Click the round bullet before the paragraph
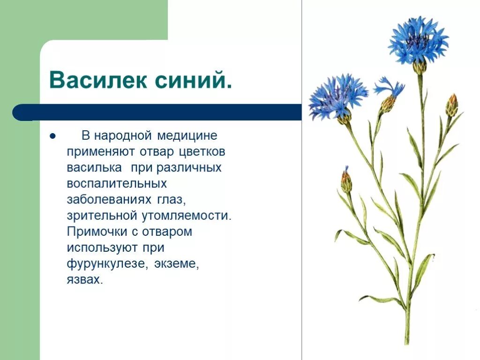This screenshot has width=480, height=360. (x=52, y=136)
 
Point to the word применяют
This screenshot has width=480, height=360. (x=96, y=152)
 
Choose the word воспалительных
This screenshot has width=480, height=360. (x=117, y=184)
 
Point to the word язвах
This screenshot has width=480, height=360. (x=84, y=279)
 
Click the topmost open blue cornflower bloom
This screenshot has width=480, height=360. (x=418, y=41)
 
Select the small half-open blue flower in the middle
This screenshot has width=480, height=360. (x=389, y=93)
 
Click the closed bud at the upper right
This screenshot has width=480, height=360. (x=452, y=105)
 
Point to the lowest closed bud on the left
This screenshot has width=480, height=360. (x=346, y=181)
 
